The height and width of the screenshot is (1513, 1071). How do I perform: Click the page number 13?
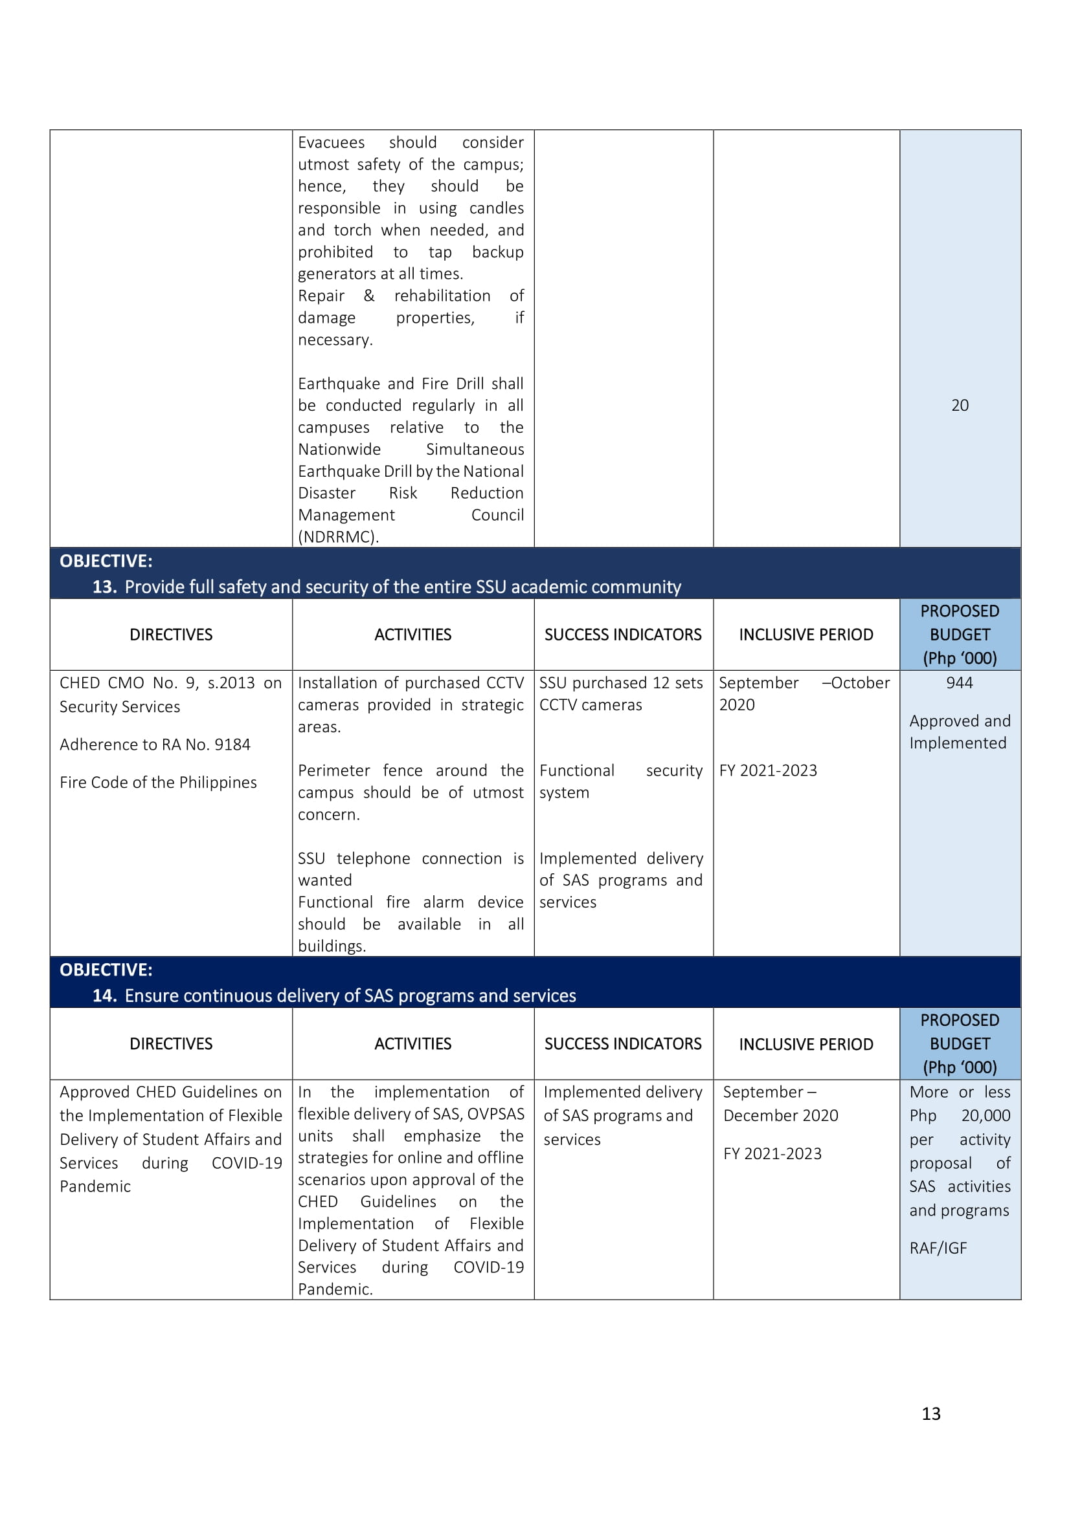click(x=930, y=1413)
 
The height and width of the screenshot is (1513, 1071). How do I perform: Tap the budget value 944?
click(x=959, y=682)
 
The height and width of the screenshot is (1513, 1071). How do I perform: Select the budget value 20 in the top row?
click(x=960, y=406)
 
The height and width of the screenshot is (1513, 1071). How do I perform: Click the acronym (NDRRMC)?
click(x=338, y=537)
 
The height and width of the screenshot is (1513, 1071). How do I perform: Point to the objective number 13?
click(x=104, y=587)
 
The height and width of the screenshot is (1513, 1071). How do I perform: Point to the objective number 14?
click(x=104, y=995)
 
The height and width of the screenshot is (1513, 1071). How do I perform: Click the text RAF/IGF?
click(x=938, y=1248)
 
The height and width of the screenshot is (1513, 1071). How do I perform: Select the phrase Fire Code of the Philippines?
click(x=158, y=782)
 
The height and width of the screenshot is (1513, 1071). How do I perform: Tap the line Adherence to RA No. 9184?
click(x=155, y=745)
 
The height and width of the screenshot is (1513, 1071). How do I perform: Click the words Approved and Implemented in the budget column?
click(x=960, y=732)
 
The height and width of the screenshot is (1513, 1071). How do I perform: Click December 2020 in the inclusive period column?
click(x=781, y=1116)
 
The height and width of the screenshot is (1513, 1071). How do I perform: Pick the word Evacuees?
click(x=331, y=142)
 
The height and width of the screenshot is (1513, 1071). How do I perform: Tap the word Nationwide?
click(x=339, y=450)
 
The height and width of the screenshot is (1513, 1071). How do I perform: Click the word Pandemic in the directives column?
click(x=95, y=1186)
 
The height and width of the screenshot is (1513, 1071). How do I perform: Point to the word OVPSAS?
click(x=495, y=1114)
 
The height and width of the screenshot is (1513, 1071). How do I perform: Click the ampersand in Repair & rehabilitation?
click(x=369, y=296)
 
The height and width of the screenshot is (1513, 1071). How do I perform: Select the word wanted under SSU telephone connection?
click(x=324, y=880)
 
